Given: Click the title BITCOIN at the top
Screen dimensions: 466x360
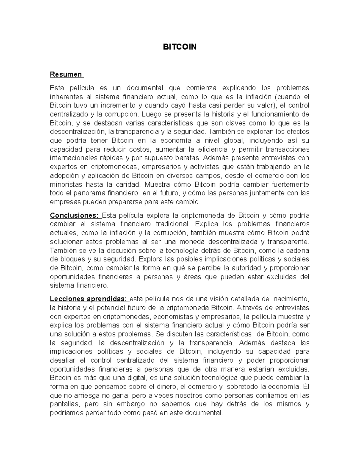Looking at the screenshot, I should pos(179,47).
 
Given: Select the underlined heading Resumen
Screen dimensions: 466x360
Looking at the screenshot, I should pos(66,74).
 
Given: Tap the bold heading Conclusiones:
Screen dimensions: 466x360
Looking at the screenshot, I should pos(74,215).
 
